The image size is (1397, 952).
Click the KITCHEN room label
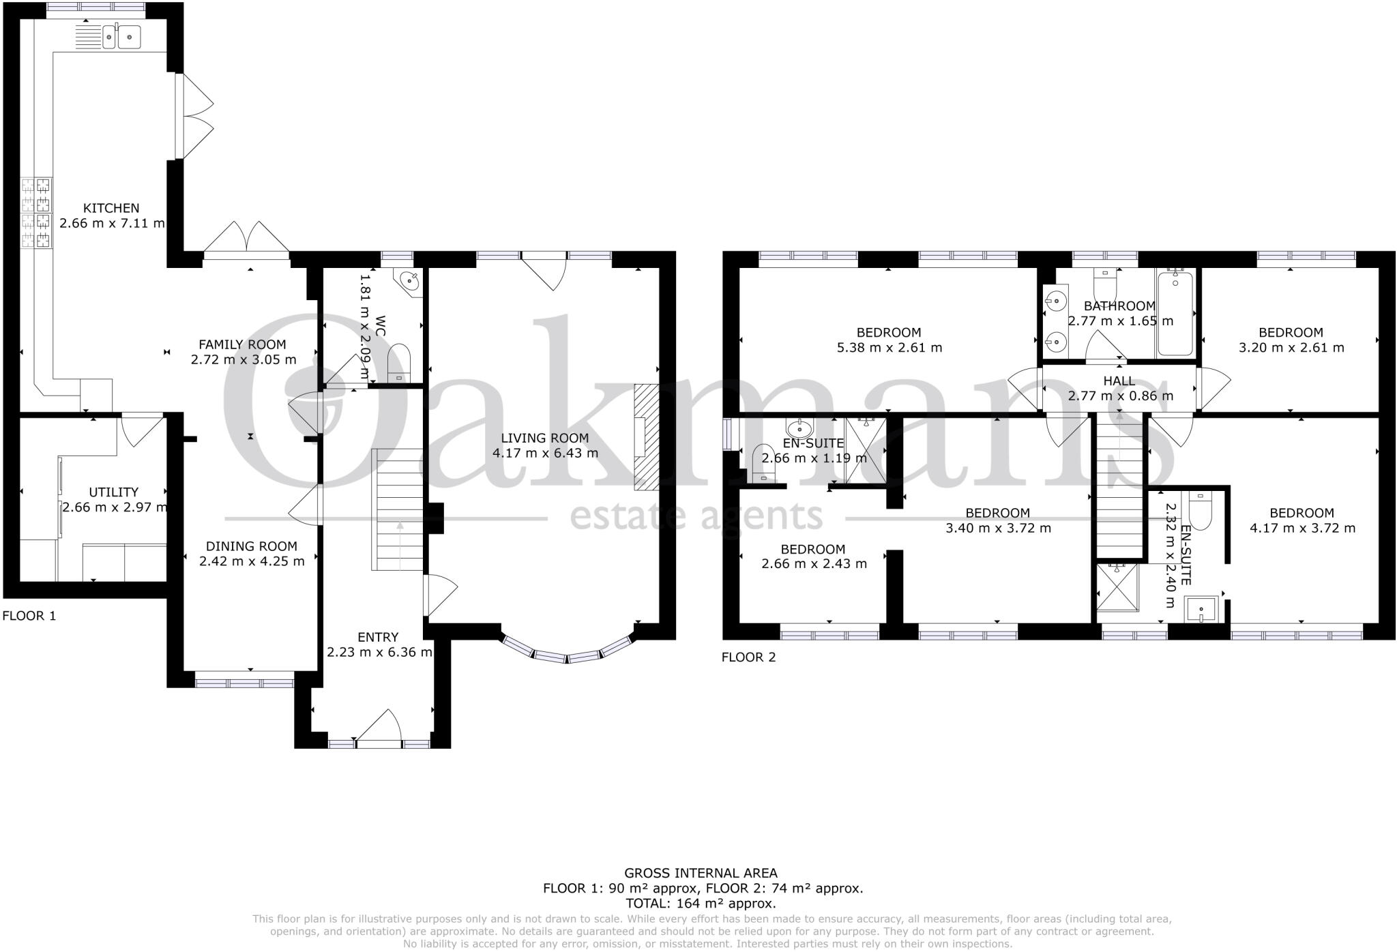(111, 208)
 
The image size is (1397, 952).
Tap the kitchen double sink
(121, 37)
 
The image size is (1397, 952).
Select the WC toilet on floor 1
(399, 363)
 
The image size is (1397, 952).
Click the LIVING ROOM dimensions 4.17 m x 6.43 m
(545, 453)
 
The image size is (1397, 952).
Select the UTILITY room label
(114, 492)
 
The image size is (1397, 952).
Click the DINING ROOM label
(252, 546)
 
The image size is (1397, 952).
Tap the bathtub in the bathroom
(1175, 313)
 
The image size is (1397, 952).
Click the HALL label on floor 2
(1119, 381)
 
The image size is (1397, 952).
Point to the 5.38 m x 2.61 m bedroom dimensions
(889, 348)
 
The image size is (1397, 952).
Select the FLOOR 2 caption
(748, 657)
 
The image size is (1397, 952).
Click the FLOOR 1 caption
(29, 616)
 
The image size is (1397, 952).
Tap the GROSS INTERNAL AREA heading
(701, 873)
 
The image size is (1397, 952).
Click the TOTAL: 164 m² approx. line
(701, 904)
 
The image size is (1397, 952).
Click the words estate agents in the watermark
(696, 516)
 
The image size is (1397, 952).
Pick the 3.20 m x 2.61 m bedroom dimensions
(1291, 348)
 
